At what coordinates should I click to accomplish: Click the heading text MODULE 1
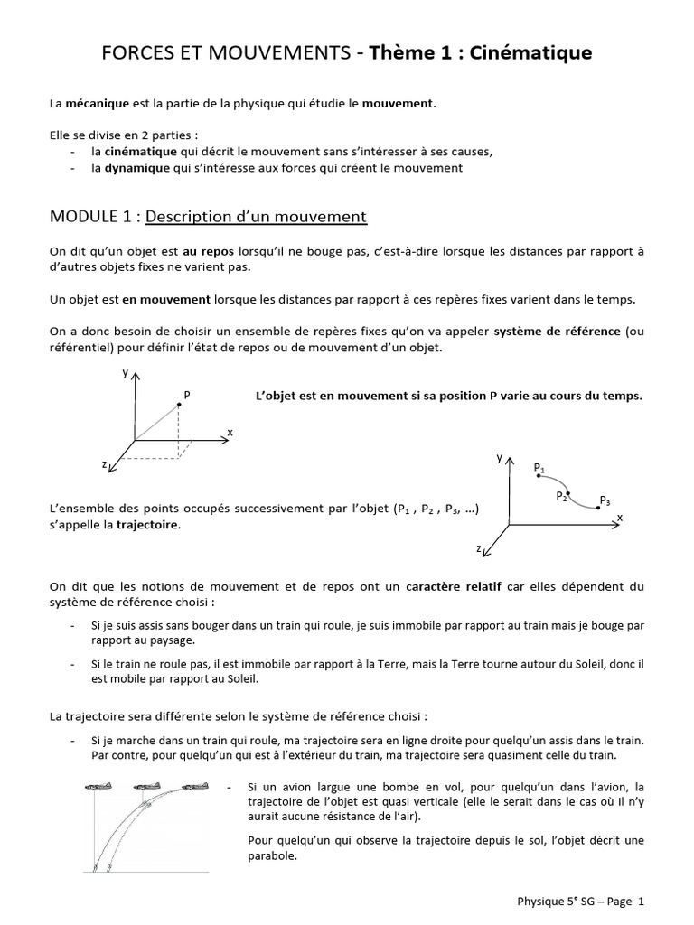point(93,217)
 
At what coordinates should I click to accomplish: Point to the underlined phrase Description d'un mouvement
point(256,217)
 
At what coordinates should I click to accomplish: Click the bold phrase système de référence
point(558,332)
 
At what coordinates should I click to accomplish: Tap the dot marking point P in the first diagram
point(179,405)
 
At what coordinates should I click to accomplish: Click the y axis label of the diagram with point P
point(126,372)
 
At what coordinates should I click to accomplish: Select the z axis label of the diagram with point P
point(106,464)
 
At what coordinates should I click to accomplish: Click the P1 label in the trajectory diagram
point(539,467)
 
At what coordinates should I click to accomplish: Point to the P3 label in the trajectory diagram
point(605,500)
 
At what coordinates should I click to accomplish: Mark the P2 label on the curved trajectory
point(561,496)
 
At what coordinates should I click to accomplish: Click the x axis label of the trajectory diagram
point(620,517)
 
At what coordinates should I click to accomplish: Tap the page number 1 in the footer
point(641,901)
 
